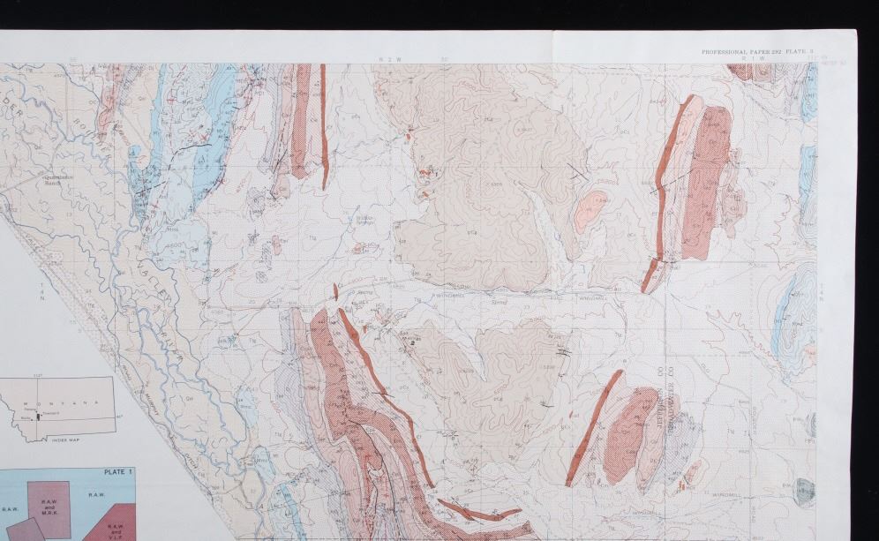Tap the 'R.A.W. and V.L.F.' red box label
[x=115, y=530]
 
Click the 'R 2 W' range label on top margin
[x=384, y=59]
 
